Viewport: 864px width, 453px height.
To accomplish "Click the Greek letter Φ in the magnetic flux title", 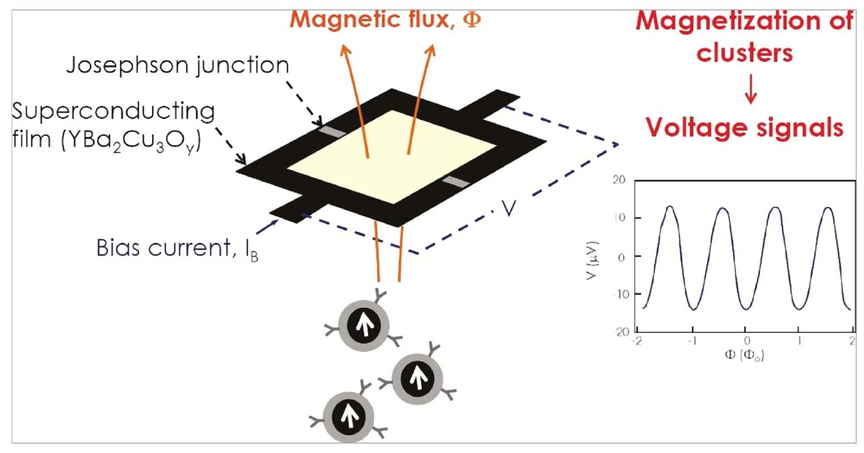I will pyautogui.click(x=471, y=19).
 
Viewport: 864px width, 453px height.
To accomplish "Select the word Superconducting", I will pyautogui.click(x=113, y=112).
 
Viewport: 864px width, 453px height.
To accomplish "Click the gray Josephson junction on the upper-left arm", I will pyautogui.click(x=332, y=131).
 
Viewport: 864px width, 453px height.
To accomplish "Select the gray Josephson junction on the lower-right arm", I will pyautogui.click(x=456, y=182).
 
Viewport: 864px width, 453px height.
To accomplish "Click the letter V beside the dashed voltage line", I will pyautogui.click(x=509, y=209).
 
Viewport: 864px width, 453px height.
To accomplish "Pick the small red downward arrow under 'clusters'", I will pyautogui.click(x=751, y=89).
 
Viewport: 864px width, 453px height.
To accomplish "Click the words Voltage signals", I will pyautogui.click(x=744, y=128).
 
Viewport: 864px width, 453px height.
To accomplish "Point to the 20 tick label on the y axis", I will pyautogui.click(x=619, y=180).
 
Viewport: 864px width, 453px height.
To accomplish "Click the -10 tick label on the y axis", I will pyautogui.click(x=621, y=294).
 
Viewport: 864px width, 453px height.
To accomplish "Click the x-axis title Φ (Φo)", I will pyautogui.click(x=744, y=355).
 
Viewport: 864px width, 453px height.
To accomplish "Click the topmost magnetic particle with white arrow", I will pyautogui.click(x=364, y=325).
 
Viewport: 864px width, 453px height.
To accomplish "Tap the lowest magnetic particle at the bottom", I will pyautogui.click(x=348, y=417).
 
